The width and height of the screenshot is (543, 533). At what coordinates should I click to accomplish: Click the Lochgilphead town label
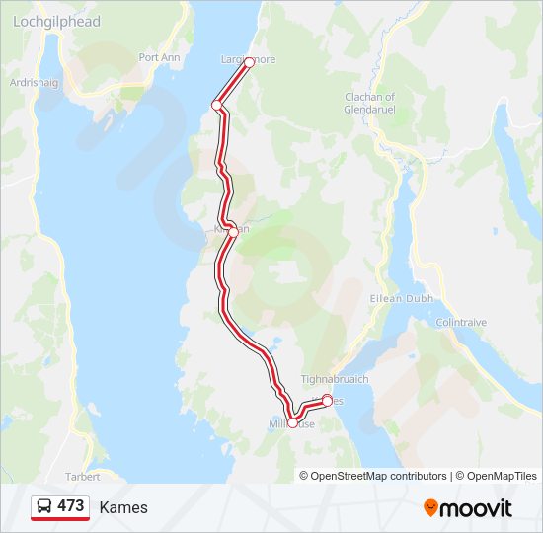click(x=56, y=22)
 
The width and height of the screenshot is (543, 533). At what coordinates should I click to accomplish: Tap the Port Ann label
click(x=159, y=57)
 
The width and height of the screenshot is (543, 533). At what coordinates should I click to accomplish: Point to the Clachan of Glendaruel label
click(x=369, y=103)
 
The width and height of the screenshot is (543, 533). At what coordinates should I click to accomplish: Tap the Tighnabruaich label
click(x=334, y=378)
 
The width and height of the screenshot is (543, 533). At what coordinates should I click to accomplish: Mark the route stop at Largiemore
click(x=249, y=62)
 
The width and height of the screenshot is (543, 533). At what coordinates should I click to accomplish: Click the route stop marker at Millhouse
click(x=292, y=423)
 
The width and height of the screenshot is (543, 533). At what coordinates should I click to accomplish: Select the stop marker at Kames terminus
click(x=327, y=400)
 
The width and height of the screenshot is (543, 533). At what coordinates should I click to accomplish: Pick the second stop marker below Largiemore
click(x=216, y=105)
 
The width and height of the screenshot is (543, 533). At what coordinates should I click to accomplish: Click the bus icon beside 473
click(x=44, y=506)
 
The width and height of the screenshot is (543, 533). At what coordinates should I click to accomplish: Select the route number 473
click(x=71, y=506)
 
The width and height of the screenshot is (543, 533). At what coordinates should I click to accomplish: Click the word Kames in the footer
click(x=123, y=507)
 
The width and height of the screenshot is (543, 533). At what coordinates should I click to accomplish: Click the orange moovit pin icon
click(x=430, y=508)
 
